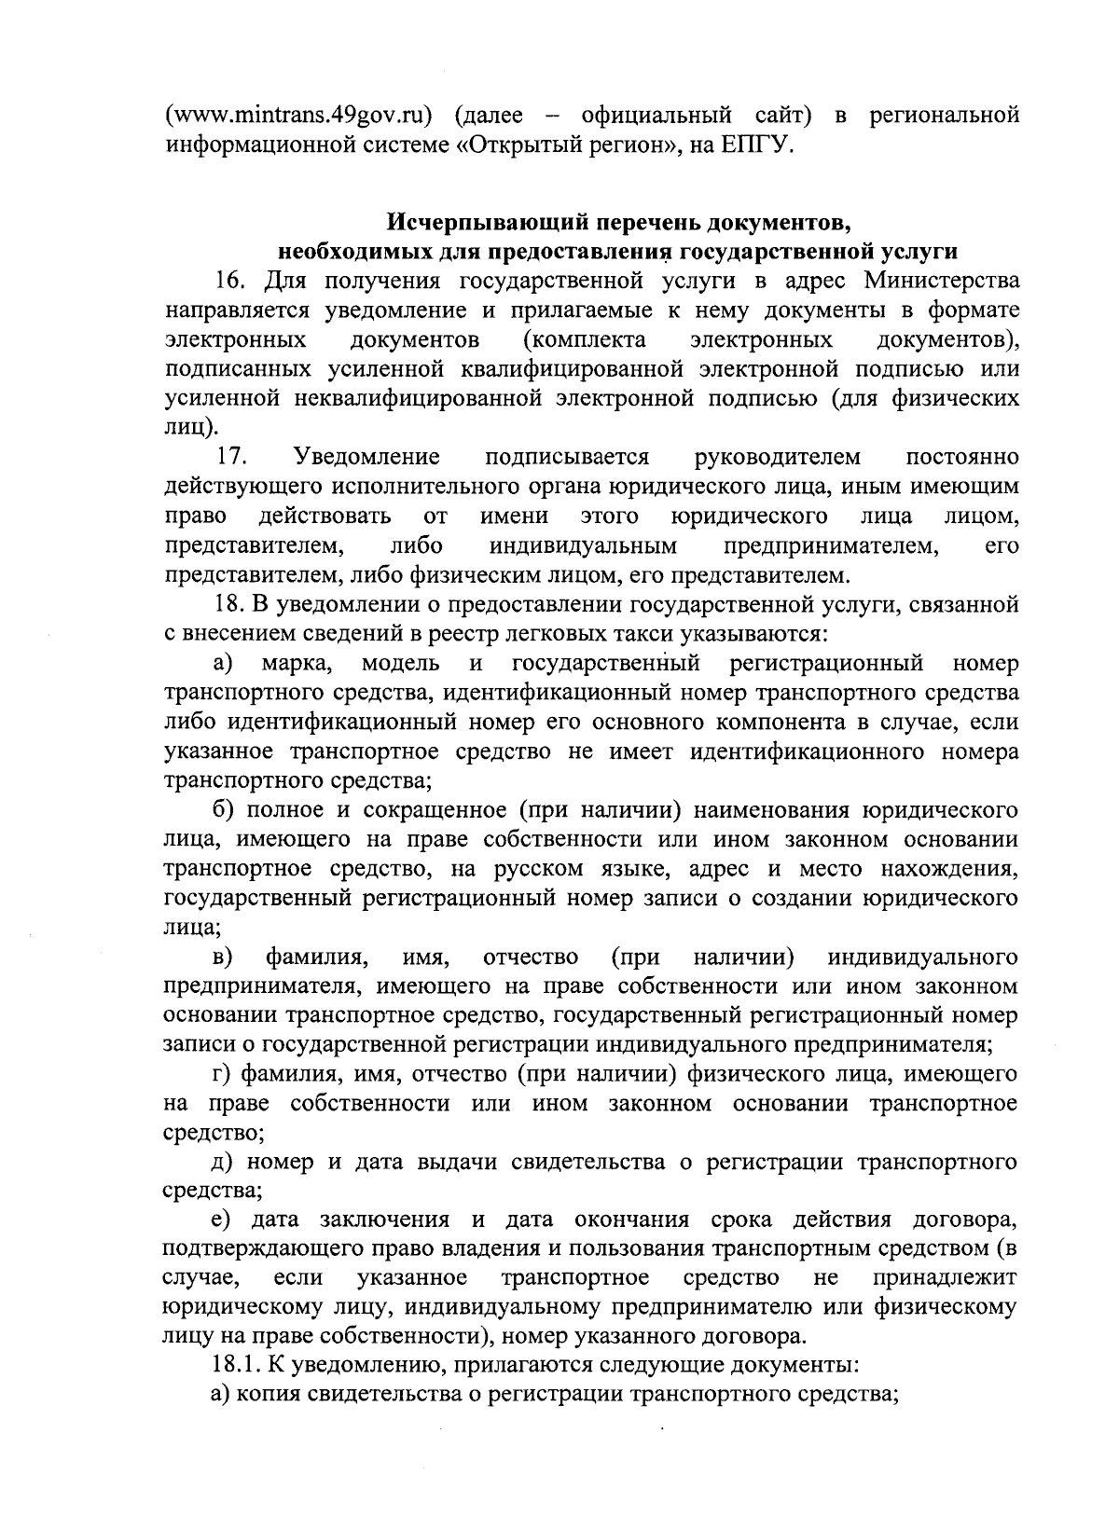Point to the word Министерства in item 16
pyautogui.click(x=941, y=281)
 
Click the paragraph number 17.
pyautogui.click(x=231, y=457)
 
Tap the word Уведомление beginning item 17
pyautogui.click(x=366, y=457)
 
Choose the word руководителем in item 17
pyautogui.click(x=778, y=457)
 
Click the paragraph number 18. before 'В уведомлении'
pyautogui.click(x=228, y=605)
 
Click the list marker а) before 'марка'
pyautogui.click(x=223, y=664)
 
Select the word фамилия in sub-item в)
pyautogui.click(x=314, y=958)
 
